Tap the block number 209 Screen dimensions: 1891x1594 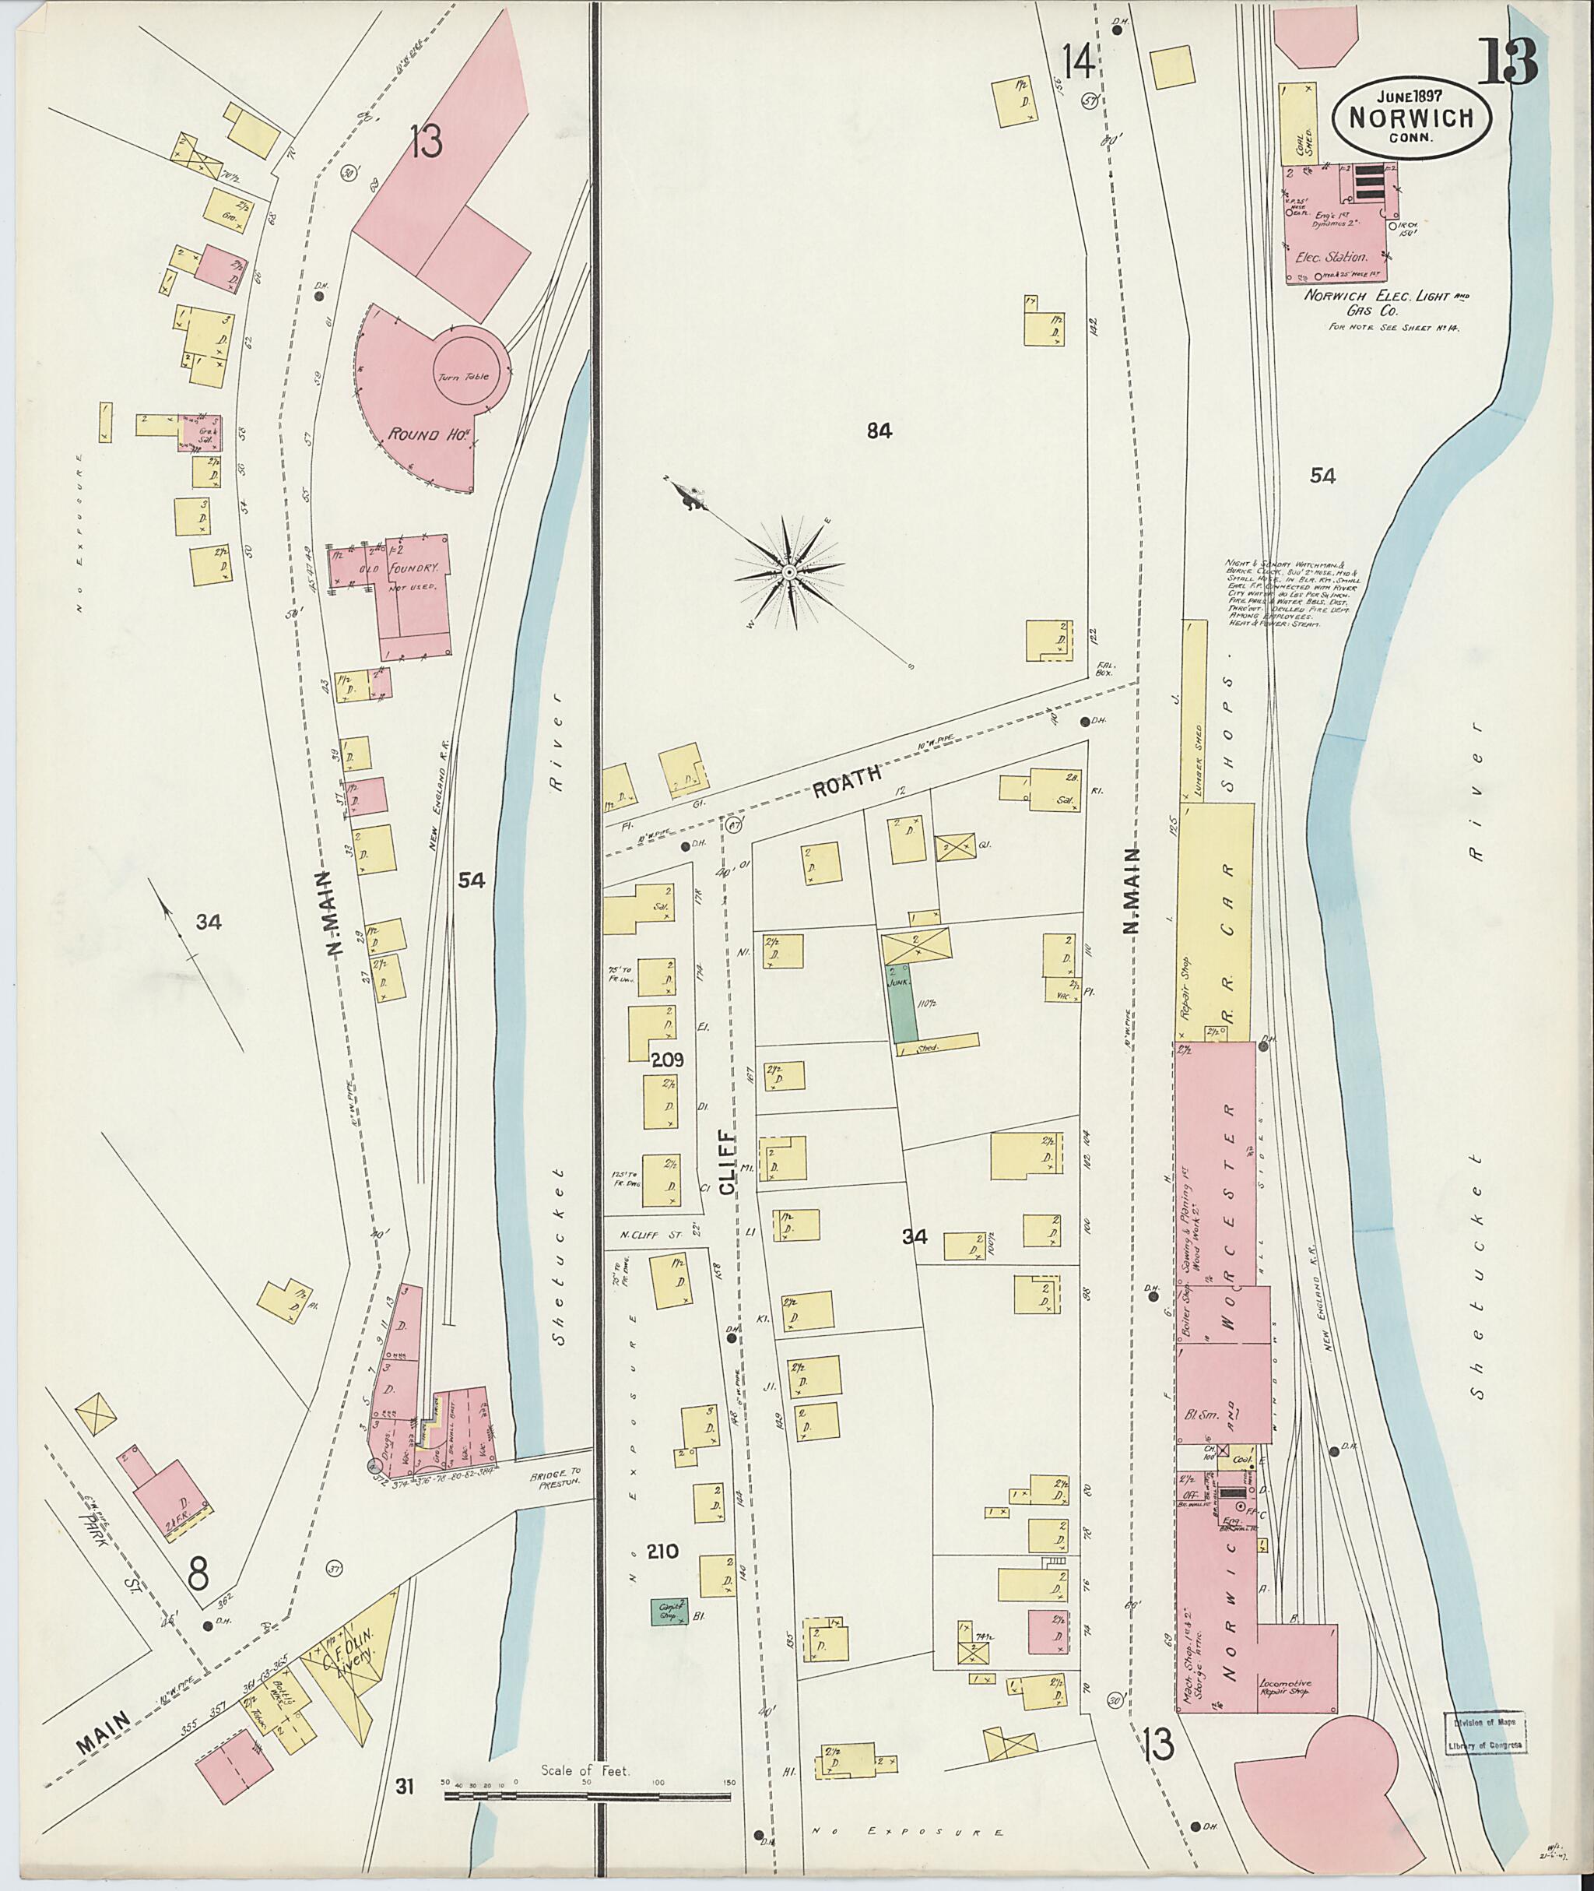click(x=669, y=1059)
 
